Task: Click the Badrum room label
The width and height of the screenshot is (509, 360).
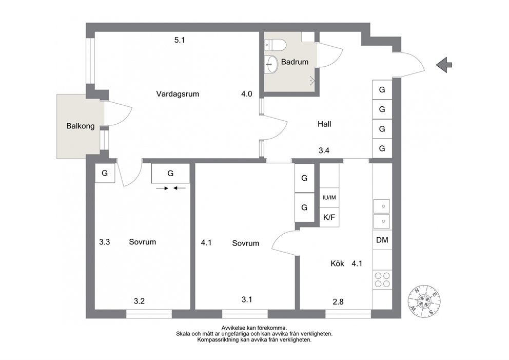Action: (x=295, y=62)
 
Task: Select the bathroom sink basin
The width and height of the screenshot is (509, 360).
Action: (x=271, y=64)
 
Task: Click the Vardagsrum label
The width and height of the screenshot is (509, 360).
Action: (x=178, y=94)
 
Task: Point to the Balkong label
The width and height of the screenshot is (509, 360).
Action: (x=81, y=126)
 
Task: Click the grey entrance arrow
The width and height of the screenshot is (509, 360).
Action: (x=444, y=65)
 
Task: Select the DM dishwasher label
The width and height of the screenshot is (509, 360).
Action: (x=382, y=240)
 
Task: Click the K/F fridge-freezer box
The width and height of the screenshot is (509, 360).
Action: (x=329, y=217)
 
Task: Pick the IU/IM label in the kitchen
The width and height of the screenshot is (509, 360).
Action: (x=329, y=198)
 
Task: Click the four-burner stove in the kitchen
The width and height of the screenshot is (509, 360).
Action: (x=382, y=280)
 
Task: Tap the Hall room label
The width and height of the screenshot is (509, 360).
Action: (x=324, y=124)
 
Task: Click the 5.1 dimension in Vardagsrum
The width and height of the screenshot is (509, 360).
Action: (x=180, y=40)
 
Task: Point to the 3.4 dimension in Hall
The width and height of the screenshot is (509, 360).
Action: (x=324, y=150)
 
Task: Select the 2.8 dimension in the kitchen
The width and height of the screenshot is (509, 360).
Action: (x=338, y=302)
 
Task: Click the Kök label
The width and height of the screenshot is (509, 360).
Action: (x=337, y=263)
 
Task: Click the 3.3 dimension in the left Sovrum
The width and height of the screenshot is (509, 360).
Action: (x=105, y=242)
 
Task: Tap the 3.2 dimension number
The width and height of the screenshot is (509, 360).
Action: (x=139, y=301)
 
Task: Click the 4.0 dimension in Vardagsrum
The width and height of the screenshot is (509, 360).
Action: (x=247, y=94)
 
